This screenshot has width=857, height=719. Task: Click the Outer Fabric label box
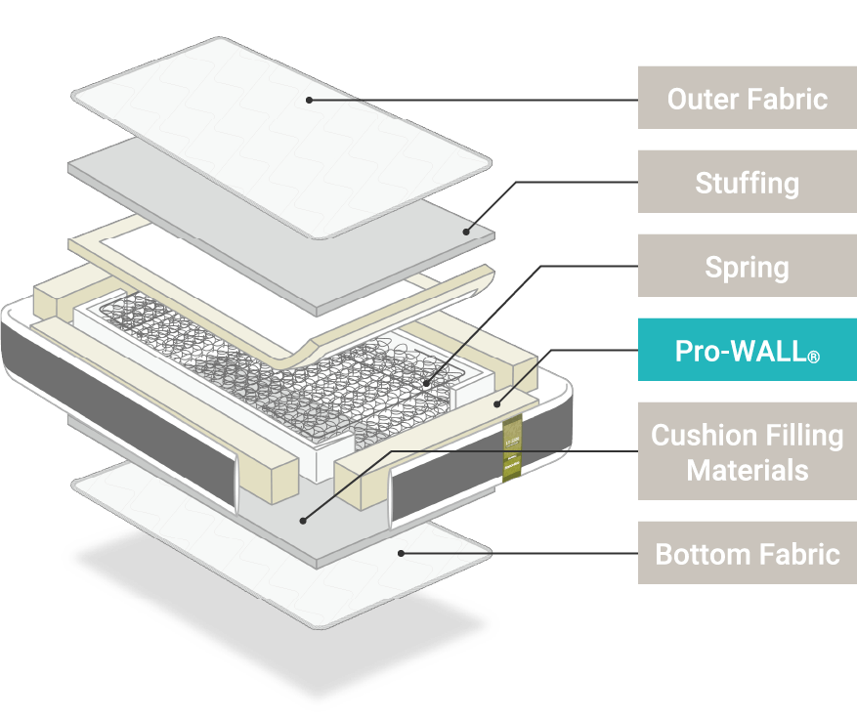click(x=748, y=98)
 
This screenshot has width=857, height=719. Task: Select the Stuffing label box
click(x=748, y=182)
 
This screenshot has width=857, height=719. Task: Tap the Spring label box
click(x=748, y=266)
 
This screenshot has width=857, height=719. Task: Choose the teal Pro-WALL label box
click(x=748, y=350)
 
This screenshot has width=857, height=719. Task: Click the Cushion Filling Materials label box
click(x=748, y=451)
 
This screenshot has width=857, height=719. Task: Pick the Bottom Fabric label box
click(x=748, y=554)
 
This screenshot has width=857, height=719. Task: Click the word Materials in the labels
click(x=748, y=470)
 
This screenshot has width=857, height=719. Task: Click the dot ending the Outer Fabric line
click(x=309, y=99)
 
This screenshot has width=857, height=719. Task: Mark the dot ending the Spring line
click(x=427, y=383)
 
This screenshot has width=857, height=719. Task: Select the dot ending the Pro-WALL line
click(x=495, y=401)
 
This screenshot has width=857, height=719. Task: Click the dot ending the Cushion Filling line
click(x=302, y=518)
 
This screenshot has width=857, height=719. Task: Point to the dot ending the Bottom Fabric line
click(x=401, y=553)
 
